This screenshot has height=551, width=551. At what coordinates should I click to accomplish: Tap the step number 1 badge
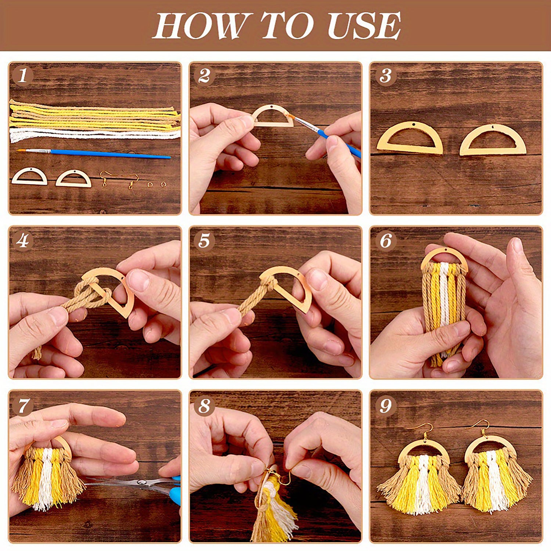pos(22,76)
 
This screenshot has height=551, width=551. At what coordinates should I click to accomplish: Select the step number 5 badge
pos(204,241)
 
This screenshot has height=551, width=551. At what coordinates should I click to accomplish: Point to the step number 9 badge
pos(385,406)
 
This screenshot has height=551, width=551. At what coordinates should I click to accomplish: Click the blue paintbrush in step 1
pos(110,154)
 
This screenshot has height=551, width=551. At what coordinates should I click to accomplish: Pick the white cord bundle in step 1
pos(92,134)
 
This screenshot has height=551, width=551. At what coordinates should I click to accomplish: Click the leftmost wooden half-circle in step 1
pos(29,177)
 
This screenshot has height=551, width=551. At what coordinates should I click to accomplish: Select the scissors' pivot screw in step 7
pos(140,482)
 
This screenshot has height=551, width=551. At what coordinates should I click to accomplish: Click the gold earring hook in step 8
pos(283,478)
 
